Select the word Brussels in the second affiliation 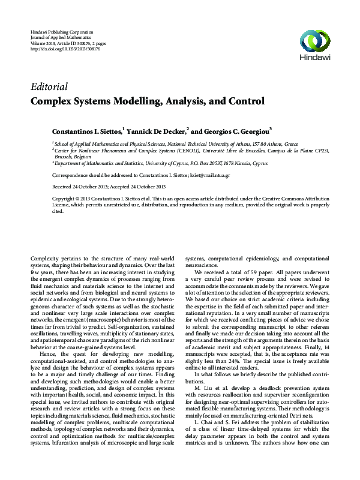click(x=67, y=156)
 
